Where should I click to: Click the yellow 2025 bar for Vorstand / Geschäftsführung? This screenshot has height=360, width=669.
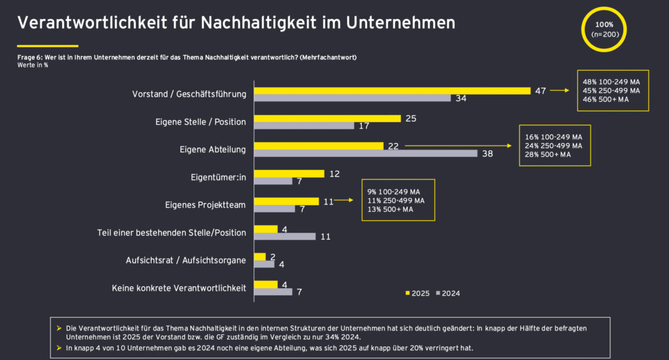click(392, 91)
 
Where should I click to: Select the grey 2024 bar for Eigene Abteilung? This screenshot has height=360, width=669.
click(366, 154)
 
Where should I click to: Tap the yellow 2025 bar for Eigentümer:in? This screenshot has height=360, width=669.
click(289, 173)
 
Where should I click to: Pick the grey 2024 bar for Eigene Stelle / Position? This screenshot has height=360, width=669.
click(304, 125)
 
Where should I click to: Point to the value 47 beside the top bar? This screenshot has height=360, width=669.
click(540, 91)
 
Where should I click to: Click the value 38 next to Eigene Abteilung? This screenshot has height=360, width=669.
click(488, 154)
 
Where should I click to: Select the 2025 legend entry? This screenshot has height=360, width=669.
click(417, 293)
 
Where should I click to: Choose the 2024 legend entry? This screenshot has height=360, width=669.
click(448, 293)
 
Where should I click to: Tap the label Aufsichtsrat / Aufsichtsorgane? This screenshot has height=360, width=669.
click(186, 260)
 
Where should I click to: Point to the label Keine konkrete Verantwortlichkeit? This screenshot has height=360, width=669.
click(179, 287)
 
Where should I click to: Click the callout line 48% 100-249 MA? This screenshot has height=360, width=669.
click(612, 82)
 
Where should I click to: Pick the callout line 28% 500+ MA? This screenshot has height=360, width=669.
click(548, 155)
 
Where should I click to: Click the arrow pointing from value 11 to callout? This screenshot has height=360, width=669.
click(344, 202)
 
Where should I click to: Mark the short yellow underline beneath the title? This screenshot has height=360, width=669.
click(47, 46)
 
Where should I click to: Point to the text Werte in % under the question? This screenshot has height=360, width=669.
click(33, 65)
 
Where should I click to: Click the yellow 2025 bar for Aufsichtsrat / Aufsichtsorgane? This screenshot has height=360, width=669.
click(260, 257)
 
